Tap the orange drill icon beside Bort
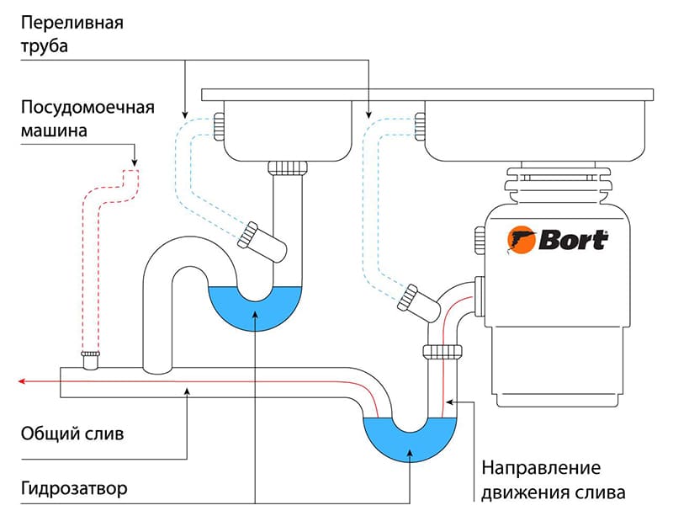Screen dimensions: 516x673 [x=519, y=240]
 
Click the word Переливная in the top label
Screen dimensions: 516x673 [x=71, y=22]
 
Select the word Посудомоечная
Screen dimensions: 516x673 [x=87, y=108]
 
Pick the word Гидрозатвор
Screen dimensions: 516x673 [x=75, y=488]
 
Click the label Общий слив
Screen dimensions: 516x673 [x=72, y=435]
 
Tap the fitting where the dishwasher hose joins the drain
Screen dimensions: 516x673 [x=90, y=359]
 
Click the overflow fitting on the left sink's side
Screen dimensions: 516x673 [x=219, y=126]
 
